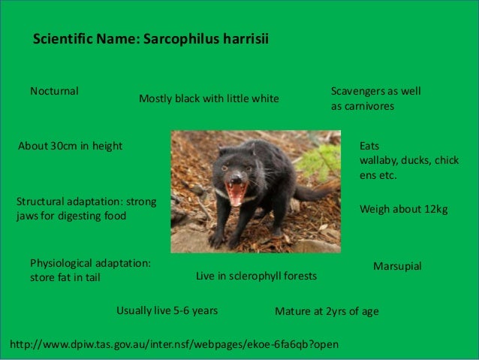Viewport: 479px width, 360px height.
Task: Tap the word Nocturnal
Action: [x=54, y=92]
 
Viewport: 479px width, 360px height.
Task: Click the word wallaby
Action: [x=380, y=161]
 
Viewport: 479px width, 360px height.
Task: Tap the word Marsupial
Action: [x=397, y=267]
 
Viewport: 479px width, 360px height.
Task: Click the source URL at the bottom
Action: [x=174, y=344]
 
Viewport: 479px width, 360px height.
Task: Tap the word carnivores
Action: [x=367, y=107]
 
